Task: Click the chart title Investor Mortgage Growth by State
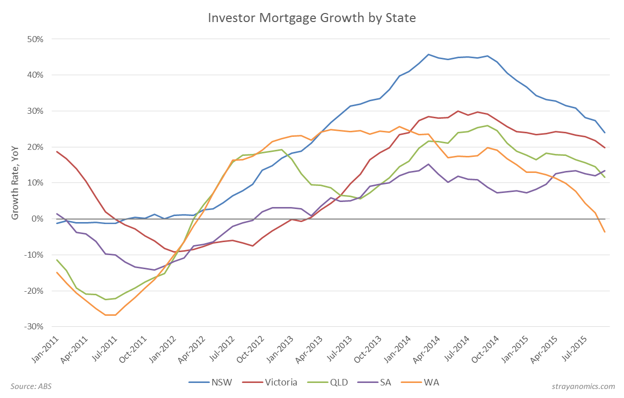pyautogui.click(x=312, y=18)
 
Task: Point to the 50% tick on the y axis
pyautogui.click(x=37, y=39)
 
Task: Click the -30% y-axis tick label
pyautogui.click(x=36, y=327)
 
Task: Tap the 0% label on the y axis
pyautogui.click(x=39, y=219)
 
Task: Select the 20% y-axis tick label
pyautogui.click(x=37, y=147)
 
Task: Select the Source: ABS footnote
pyautogui.click(x=31, y=386)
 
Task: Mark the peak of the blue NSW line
pyautogui.click(x=429, y=54)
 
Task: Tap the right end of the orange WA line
pyautogui.click(x=605, y=232)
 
